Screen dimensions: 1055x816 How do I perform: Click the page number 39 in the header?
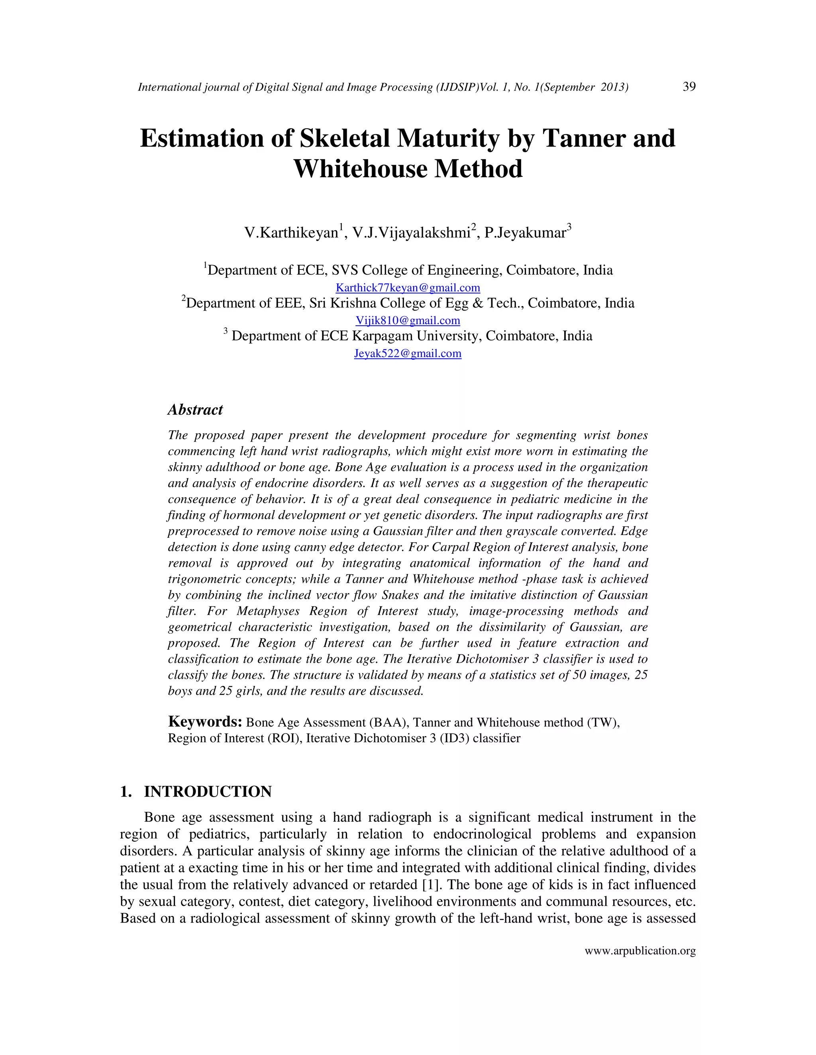pyautogui.click(x=689, y=86)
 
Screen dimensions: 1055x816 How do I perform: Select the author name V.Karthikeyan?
pyautogui.click(x=291, y=233)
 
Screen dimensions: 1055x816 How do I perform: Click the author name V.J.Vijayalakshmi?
pyautogui.click(x=411, y=233)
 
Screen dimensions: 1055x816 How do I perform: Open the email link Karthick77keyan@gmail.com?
pyautogui.click(x=408, y=288)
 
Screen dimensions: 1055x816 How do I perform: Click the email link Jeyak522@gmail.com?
pyautogui.click(x=408, y=353)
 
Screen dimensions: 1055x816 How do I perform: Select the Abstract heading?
pyautogui.click(x=195, y=410)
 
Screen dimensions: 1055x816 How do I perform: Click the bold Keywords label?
pyautogui.click(x=205, y=722)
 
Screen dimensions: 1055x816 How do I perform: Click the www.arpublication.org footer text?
pyautogui.click(x=640, y=951)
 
